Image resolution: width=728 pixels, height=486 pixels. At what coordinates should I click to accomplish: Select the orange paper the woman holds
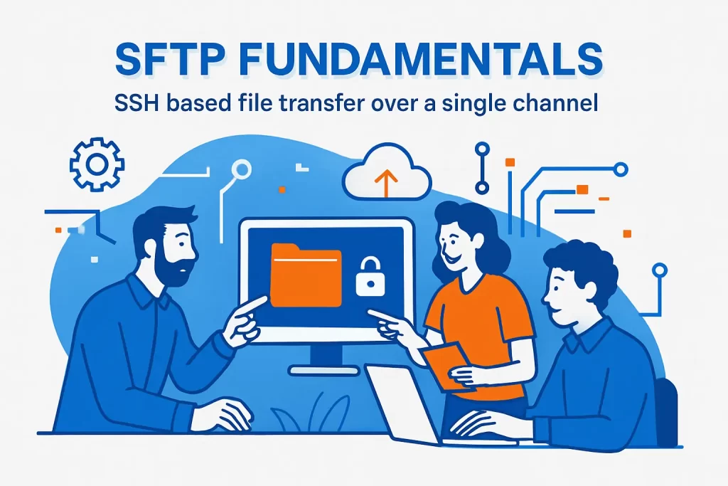[444, 363]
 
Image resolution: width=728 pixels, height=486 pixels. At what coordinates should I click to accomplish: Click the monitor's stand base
[325, 371]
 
